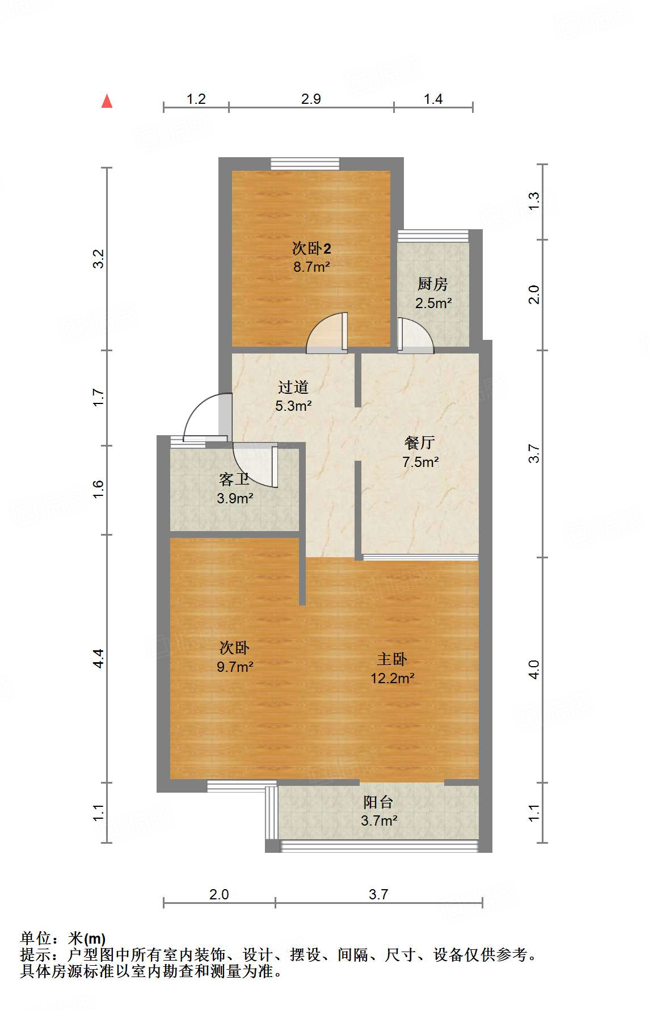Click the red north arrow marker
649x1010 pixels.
click(107, 101)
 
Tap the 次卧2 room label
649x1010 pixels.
click(311, 248)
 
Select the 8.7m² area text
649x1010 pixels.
click(311, 267)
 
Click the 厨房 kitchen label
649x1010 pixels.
click(432, 284)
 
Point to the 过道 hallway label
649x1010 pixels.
click(293, 387)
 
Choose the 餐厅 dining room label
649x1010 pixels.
click(420, 443)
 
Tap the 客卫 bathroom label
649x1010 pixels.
click(234, 479)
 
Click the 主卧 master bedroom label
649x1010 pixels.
click(392, 659)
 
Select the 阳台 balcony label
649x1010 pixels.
click(378, 802)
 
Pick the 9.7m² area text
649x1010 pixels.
click(235, 667)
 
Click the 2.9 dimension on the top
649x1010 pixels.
click(311, 99)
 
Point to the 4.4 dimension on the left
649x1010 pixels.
click(99, 658)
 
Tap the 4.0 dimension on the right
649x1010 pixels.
click(534, 670)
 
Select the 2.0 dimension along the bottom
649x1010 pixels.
click(219, 895)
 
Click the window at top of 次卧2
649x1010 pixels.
click(305, 164)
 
